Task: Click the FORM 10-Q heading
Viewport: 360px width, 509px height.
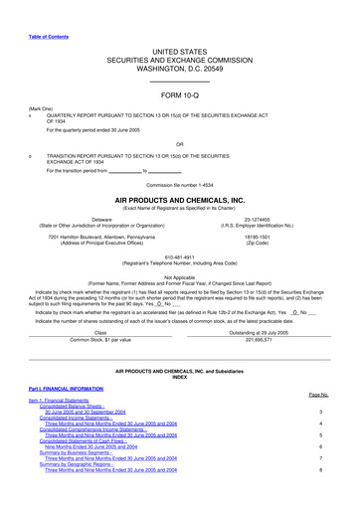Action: [x=180, y=95]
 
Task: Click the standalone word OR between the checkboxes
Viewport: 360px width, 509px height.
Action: [x=180, y=142]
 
